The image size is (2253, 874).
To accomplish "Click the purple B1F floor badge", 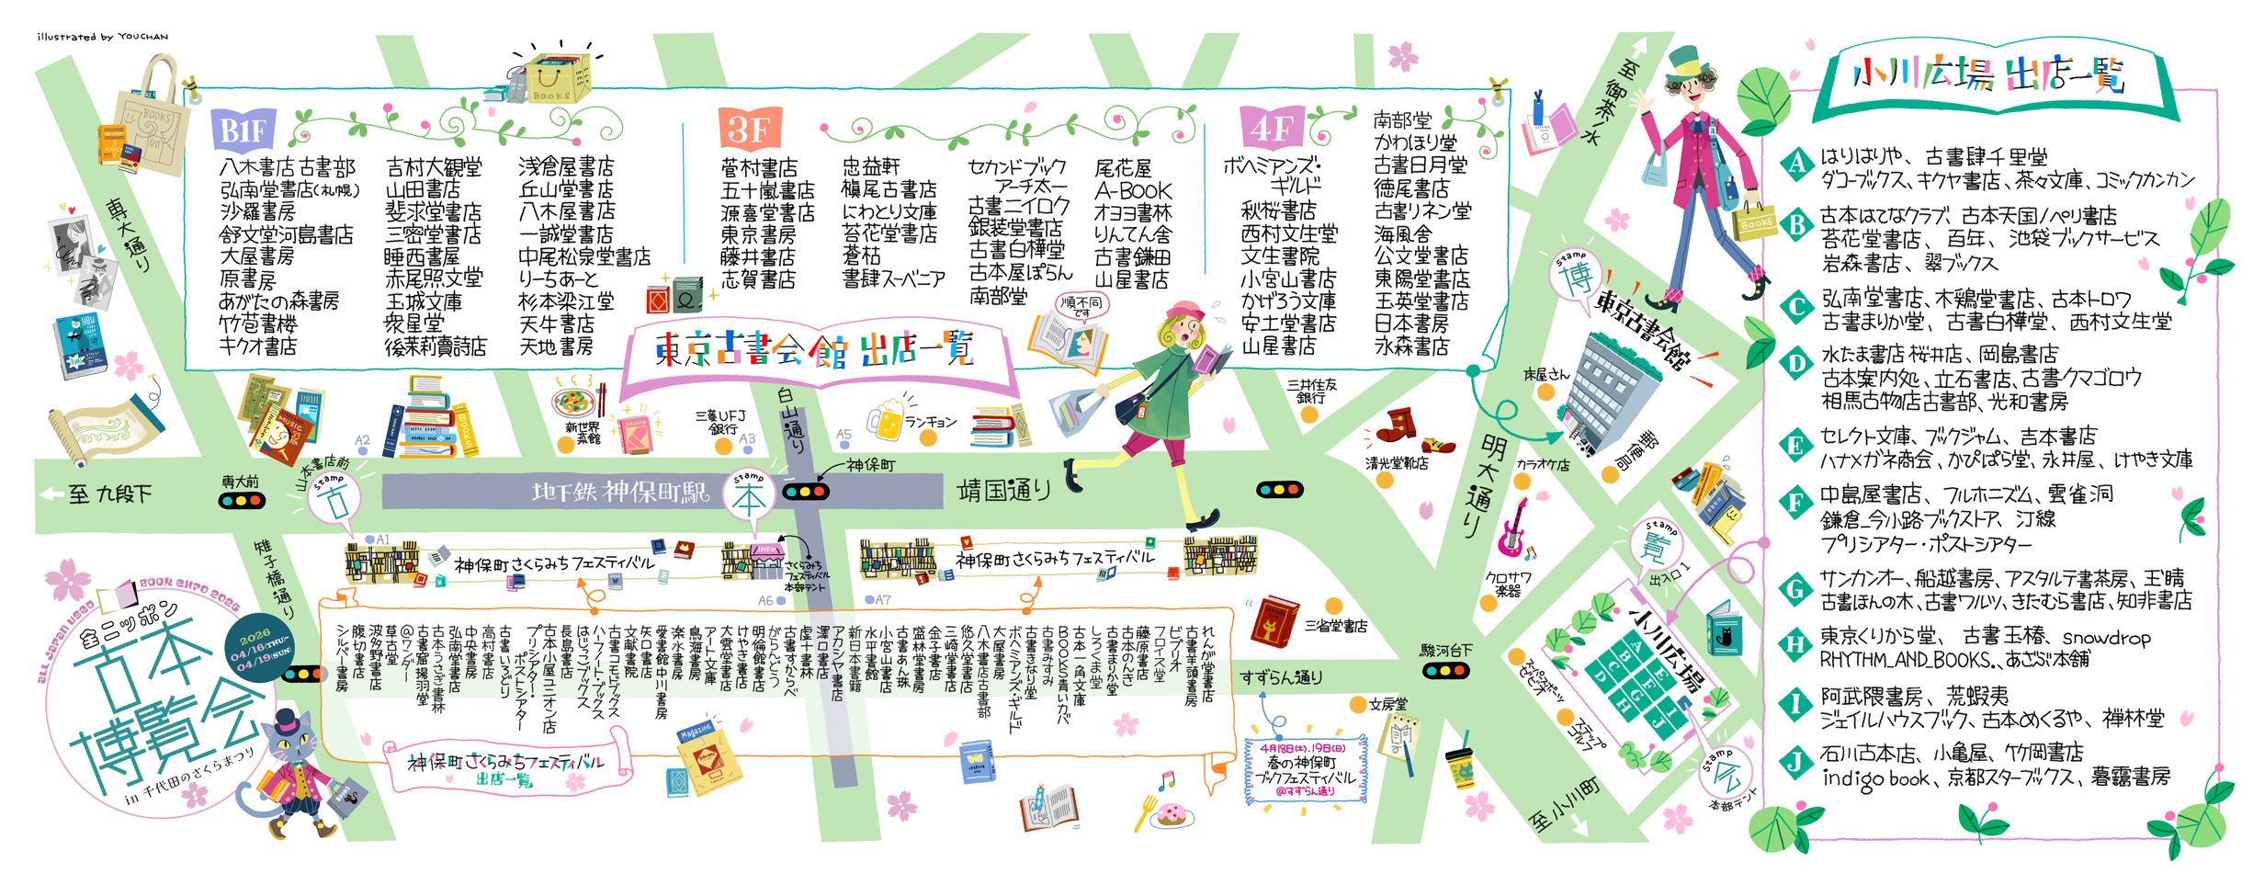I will [x=243, y=131].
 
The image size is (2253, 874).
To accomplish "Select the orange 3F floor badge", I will [x=749, y=129].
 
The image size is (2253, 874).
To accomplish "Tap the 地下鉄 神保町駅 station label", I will [x=621, y=493].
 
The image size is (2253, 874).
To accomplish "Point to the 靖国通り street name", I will [x=1003, y=491].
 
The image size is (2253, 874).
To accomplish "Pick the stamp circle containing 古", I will [x=333, y=501].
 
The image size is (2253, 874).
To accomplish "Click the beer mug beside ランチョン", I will [x=885, y=420].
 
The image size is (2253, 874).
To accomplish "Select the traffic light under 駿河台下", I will [x=1445, y=671].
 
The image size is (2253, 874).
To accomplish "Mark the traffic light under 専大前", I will [x=242, y=501].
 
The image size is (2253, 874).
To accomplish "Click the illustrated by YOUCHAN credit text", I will [x=102, y=37].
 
